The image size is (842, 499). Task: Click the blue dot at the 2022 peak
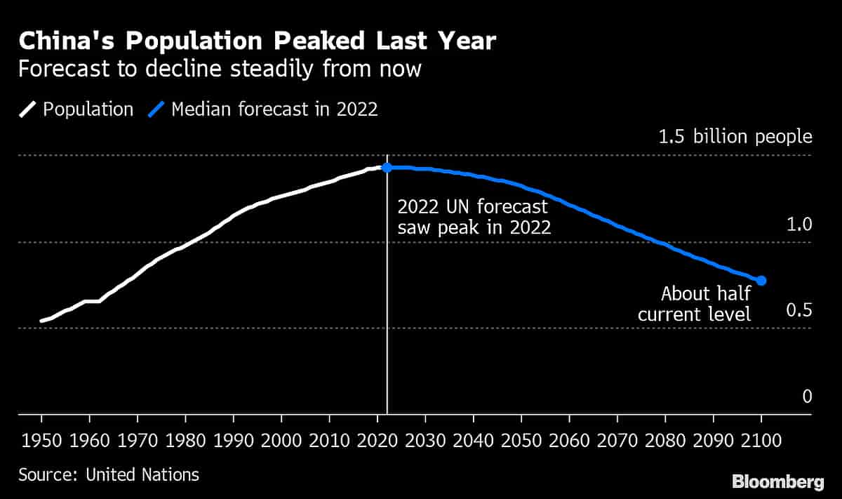point(387,167)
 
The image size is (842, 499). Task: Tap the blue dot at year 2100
point(761,281)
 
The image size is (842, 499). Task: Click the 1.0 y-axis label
point(799,225)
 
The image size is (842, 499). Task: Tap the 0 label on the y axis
point(807,397)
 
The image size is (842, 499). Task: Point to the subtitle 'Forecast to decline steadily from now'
point(220,69)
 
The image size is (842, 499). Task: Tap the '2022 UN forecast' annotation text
point(472,208)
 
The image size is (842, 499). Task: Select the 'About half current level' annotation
point(695,303)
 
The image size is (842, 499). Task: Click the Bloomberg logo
point(777,481)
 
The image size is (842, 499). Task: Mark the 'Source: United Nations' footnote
point(109,474)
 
